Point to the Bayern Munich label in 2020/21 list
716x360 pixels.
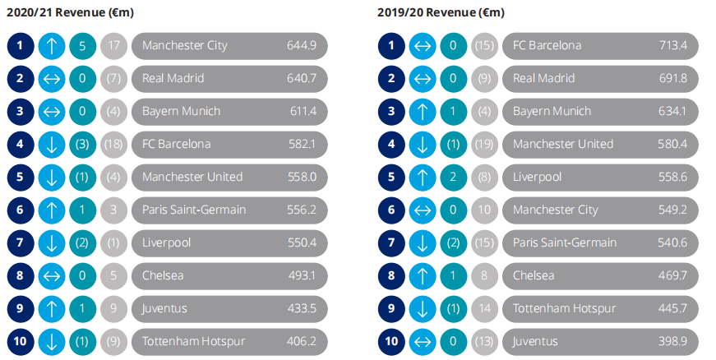tap(181, 111)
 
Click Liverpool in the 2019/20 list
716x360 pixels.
tap(537, 177)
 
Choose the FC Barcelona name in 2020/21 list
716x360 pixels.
tap(176, 144)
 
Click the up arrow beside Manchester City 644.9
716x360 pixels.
tap(52, 45)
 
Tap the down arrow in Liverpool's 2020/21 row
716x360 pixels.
tap(52, 242)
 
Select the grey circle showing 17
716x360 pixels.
tap(114, 45)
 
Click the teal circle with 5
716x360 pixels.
tap(83, 45)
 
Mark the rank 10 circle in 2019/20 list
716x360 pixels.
tap(391, 341)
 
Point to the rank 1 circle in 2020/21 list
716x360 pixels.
tap(21, 45)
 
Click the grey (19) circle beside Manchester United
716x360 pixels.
tap(485, 144)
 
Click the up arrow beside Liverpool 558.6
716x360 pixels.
tap(423, 177)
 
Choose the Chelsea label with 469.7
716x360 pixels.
tap(534, 275)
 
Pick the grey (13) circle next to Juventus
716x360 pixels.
tap(485, 341)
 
